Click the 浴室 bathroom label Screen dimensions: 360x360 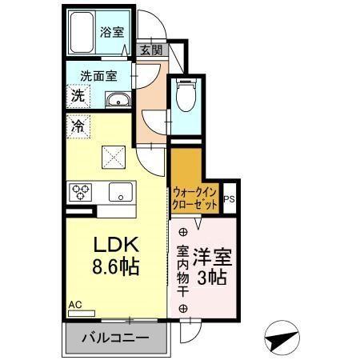coord(112,32)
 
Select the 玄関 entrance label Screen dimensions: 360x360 coord(150,49)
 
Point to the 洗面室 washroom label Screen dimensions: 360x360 coord(98,76)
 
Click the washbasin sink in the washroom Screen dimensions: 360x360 coord(118,100)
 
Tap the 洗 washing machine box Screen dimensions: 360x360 coord(78,96)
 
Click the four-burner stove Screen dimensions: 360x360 coord(82,192)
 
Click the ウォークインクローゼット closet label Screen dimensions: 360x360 coord(194,198)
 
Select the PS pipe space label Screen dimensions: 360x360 coord(230,200)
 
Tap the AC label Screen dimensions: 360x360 coord(75,304)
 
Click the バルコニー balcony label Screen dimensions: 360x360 coord(116,338)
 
